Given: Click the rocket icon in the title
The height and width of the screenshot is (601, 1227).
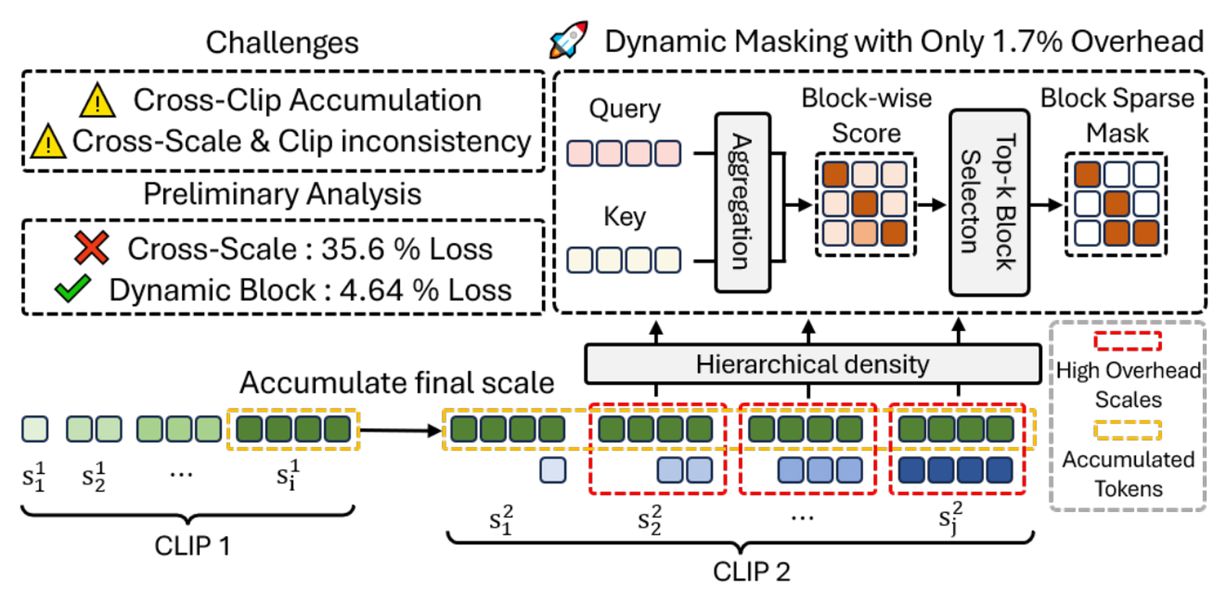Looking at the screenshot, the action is coord(569,40).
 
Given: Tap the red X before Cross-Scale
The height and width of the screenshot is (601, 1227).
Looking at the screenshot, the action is coord(92,248).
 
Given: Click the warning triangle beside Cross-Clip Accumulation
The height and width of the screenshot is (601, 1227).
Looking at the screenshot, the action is coord(97,100).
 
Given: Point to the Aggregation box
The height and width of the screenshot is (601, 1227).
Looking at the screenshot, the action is coord(743,203).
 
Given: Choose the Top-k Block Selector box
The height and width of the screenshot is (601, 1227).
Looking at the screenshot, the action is coord(990,203).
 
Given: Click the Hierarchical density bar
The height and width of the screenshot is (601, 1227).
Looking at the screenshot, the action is coord(813,364).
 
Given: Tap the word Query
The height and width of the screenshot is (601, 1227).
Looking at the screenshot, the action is coord(624,109).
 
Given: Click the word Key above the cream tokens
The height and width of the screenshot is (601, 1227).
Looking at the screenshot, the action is coord(624,216).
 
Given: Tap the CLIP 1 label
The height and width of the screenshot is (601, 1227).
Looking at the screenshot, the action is coord(192,545).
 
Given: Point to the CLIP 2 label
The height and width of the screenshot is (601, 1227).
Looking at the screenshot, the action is coord(751,571).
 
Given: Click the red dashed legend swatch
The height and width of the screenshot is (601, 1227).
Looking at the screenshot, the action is coord(1127,341).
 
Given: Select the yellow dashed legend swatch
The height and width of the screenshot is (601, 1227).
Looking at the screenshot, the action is coord(1127,430).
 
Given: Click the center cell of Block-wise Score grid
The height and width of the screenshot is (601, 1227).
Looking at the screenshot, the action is coord(865,203).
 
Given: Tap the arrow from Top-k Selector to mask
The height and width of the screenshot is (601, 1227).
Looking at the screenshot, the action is coord(1047,205).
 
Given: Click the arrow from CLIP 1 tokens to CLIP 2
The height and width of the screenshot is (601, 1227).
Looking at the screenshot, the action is coord(401,430).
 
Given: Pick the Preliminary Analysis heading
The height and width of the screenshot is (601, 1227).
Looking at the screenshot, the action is coord(282,194).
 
